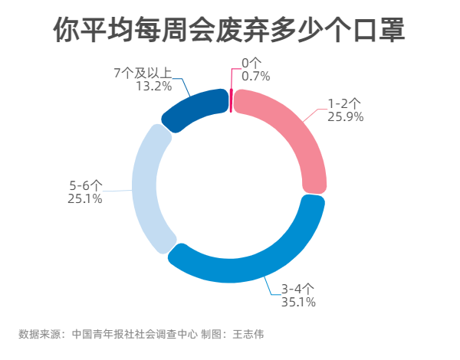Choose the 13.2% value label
(153, 87)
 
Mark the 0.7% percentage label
(255, 76)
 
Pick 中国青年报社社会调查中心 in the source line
(134, 334)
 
